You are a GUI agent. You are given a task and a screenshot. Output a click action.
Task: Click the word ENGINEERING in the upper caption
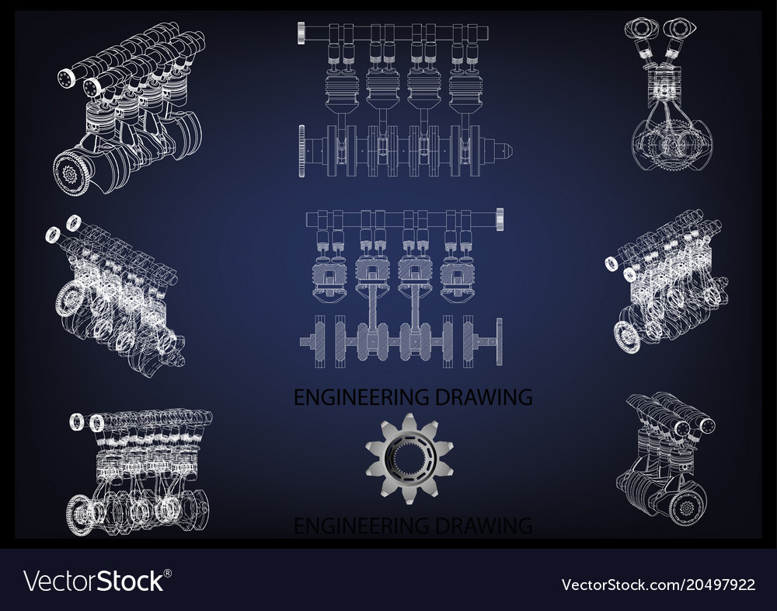point(352,397)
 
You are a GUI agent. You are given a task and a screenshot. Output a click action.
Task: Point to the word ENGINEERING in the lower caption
point(352,526)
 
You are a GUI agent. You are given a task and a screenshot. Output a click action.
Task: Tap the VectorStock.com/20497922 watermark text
point(658,583)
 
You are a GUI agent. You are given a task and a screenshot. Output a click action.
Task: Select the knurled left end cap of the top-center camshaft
point(301,33)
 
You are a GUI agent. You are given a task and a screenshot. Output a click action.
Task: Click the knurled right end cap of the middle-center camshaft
point(500,220)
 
